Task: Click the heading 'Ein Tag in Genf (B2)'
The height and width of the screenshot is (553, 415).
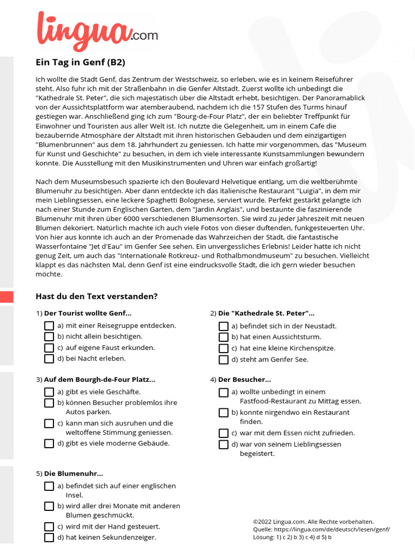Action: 80,62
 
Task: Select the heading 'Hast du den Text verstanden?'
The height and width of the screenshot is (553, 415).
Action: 96,296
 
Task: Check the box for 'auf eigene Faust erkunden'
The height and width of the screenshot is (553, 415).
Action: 49,348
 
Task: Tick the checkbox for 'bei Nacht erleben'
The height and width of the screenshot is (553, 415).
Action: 49,359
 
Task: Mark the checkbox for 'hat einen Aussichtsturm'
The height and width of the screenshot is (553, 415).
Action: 223,337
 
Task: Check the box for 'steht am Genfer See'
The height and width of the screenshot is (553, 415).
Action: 223,360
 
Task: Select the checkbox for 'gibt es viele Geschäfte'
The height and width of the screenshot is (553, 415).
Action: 49,392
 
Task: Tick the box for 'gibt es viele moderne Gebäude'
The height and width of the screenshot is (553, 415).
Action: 49,443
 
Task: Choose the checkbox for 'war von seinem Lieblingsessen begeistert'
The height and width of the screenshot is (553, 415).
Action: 223,444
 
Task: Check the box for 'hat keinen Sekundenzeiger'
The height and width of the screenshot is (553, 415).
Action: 49,537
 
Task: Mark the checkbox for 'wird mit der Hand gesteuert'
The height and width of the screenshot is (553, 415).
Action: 49,527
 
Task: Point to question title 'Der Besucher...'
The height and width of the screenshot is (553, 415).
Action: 244,380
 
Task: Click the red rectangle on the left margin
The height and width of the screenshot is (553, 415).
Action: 6,296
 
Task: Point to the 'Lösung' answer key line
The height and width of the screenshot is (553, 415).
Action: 292,537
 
